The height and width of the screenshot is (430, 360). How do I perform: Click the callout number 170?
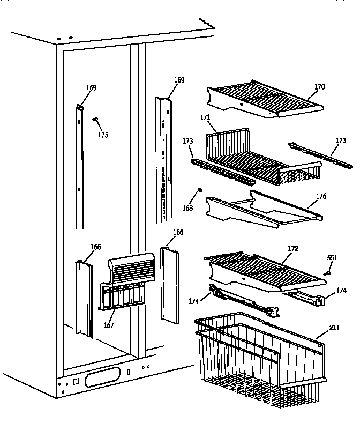[x=319, y=87]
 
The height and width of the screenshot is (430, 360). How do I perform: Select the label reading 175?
[x=103, y=135]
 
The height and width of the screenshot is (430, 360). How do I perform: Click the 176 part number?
[x=320, y=196]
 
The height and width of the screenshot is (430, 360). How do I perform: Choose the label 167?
[x=109, y=325]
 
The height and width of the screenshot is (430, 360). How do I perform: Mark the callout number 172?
[x=292, y=249]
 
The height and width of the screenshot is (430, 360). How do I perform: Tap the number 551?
[x=332, y=258]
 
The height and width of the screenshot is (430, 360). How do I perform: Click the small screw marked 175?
[x=94, y=120]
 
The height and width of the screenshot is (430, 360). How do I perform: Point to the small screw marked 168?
[x=200, y=189]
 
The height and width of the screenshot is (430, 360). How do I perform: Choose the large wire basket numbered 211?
[x=262, y=359]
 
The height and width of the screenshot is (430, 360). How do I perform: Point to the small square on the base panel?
[x=75, y=382]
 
